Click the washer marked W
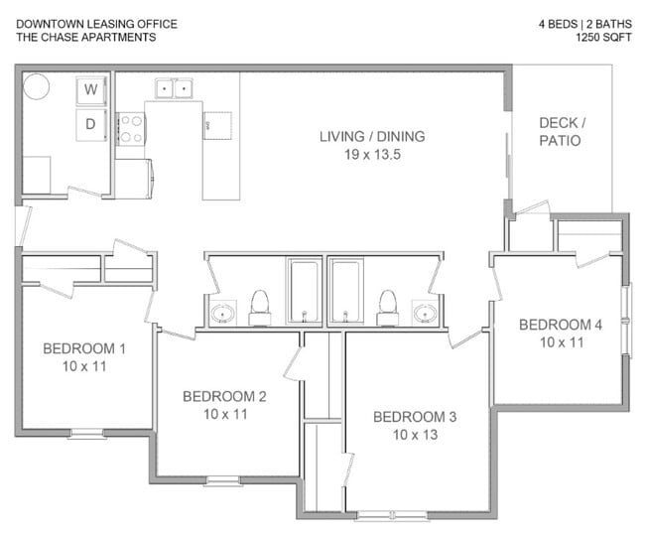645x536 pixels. click(x=91, y=90)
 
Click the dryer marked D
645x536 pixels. click(x=91, y=124)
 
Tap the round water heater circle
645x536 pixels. click(x=37, y=86)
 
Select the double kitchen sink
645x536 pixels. click(x=173, y=89)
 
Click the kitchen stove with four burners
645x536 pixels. click(x=130, y=128)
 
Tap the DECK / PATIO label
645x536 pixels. click(x=562, y=131)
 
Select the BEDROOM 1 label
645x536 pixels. click(x=84, y=348)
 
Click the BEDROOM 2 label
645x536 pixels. click(x=224, y=396)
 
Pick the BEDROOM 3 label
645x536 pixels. click(x=414, y=416)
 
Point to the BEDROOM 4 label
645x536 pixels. click(x=561, y=325)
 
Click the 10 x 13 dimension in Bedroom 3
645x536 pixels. click(x=414, y=435)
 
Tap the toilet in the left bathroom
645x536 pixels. click(x=260, y=309)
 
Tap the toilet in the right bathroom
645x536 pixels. click(x=388, y=309)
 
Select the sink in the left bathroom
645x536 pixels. click(x=221, y=315)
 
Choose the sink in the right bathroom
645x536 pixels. click(x=425, y=314)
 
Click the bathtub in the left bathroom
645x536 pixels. click(x=303, y=291)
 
